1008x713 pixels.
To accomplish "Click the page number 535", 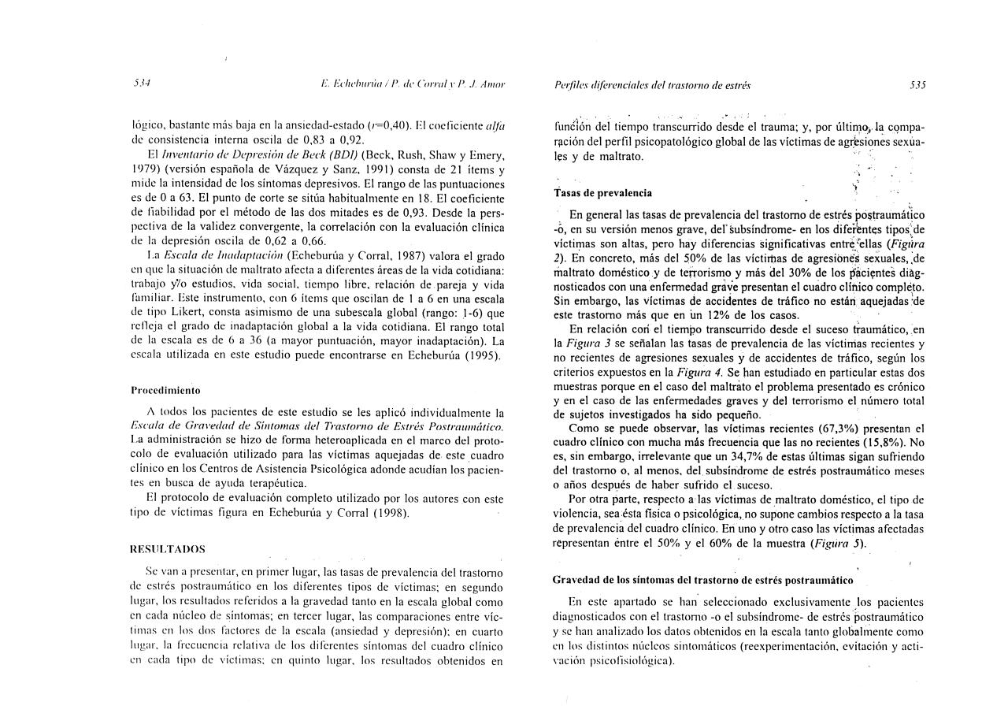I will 917,84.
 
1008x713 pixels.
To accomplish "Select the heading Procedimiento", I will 165,390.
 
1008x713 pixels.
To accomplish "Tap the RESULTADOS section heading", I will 167,548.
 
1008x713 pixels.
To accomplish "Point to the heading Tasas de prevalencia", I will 602,192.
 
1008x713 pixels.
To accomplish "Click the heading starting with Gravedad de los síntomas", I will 703,580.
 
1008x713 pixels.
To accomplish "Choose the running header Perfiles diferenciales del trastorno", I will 652,84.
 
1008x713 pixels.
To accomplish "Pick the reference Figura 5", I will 843,544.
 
